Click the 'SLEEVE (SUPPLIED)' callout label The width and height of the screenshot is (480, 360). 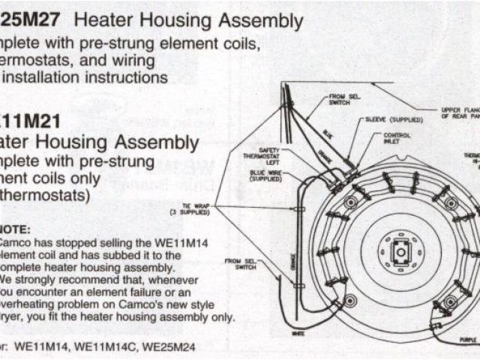coord(394,118)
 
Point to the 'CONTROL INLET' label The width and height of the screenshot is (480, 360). coord(397,139)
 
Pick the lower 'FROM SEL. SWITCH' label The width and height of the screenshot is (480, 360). coord(229,264)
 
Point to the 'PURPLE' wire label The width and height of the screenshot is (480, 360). coord(469,340)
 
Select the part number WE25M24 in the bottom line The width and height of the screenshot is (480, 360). coord(171,346)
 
